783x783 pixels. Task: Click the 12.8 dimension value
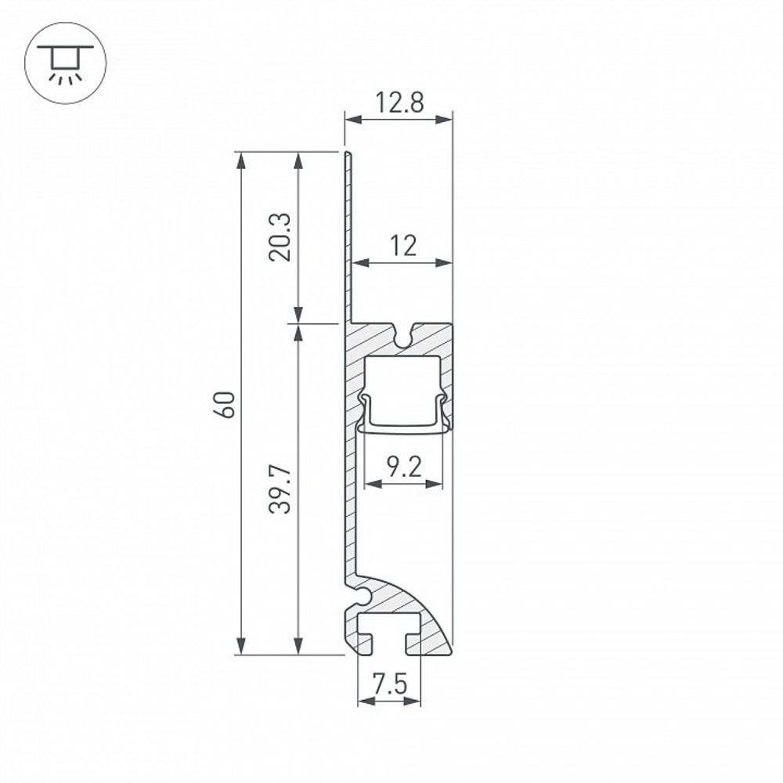tap(399, 103)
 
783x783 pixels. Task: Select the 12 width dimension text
tap(402, 247)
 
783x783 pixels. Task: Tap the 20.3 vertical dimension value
tap(283, 236)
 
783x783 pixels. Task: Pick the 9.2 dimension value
tap(404, 468)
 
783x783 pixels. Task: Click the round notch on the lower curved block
tap(359, 597)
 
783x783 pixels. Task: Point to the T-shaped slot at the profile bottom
tap(388, 632)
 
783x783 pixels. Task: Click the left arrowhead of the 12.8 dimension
tap(350, 120)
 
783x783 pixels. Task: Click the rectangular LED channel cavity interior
tap(403, 388)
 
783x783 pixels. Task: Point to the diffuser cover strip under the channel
tap(403, 428)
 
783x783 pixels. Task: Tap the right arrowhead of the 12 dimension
tap(447, 263)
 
